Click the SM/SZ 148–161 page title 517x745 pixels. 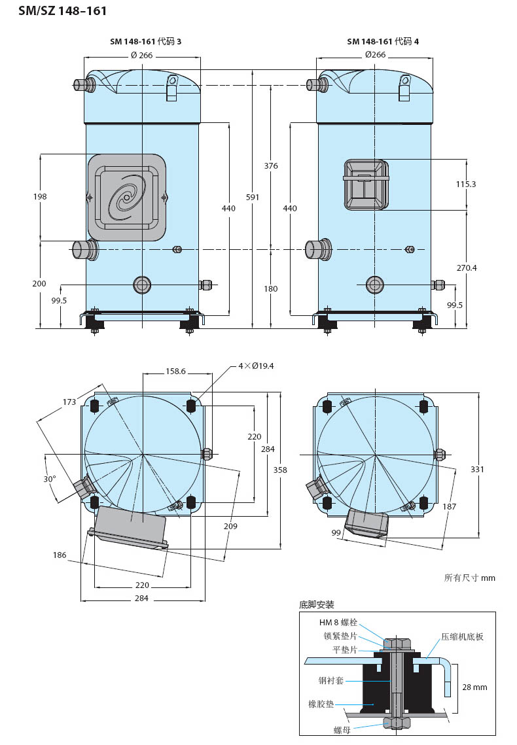tap(62, 11)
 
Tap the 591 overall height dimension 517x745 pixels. tap(253, 197)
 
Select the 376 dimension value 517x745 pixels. tap(271, 166)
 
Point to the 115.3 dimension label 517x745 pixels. tap(466, 184)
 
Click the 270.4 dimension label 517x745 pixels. tap(467, 268)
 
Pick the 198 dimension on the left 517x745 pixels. tap(40, 196)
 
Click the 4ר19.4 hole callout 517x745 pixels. tap(256, 366)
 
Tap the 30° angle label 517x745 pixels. tap(50, 479)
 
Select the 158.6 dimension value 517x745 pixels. tap(175, 371)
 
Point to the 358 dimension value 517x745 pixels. tap(280, 470)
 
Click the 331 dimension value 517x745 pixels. tap(477, 469)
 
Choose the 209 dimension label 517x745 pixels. tap(230, 526)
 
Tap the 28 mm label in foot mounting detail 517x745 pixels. tap(474, 687)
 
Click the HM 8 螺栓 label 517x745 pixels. tap(338, 623)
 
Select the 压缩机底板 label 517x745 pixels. tap(462, 636)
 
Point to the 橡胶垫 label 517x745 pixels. tap(321, 704)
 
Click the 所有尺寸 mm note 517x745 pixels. tap(469, 578)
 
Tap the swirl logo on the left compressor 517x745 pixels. tap(126, 197)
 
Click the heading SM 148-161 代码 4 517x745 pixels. tap(383, 41)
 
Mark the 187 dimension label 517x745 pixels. tap(449, 506)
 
